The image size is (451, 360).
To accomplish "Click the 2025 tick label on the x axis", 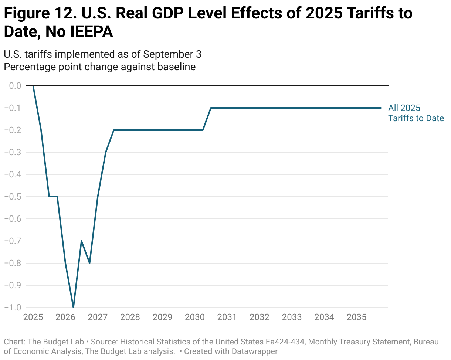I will pyautogui.click(x=33, y=317).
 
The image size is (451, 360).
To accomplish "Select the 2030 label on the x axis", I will pyautogui.click(x=194, y=317).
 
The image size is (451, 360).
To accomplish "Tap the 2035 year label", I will pyautogui.click(x=356, y=317).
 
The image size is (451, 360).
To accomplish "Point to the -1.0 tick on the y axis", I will pyautogui.click(x=12, y=308).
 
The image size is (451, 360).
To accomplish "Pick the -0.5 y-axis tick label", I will pyautogui.click(x=12, y=197).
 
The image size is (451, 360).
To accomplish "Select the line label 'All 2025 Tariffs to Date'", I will pyautogui.click(x=416, y=113).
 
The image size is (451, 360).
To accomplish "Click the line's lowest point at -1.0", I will pyautogui.click(x=73, y=307).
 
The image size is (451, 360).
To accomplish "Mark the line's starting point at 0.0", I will pyautogui.click(x=33, y=86).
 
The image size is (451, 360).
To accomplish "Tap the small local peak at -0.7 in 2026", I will pyautogui.click(x=81, y=241).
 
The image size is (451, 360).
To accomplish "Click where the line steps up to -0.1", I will pyautogui.click(x=211, y=108).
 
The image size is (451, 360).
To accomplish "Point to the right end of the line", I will pyautogui.click(x=381, y=108).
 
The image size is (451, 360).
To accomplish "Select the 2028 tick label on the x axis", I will pyautogui.click(x=130, y=317).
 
